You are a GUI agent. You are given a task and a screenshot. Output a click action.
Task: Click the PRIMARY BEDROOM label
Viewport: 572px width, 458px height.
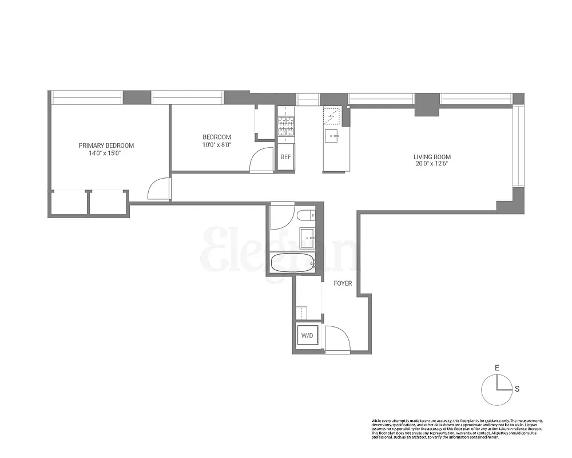(x=106, y=145)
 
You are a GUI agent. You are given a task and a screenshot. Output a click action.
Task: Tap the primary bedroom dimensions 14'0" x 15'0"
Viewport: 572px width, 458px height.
(x=106, y=153)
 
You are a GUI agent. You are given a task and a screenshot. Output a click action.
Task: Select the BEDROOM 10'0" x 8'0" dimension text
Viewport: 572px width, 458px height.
(x=217, y=145)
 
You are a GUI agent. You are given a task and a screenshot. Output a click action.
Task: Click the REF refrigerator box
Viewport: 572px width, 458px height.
(x=285, y=157)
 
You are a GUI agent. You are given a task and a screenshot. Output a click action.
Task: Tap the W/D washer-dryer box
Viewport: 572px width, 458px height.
(x=307, y=335)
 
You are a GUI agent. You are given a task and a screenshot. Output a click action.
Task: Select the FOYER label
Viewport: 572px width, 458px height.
(x=343, y=283)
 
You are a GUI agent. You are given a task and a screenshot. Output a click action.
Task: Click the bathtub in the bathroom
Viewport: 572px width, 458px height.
(x=292, y=263)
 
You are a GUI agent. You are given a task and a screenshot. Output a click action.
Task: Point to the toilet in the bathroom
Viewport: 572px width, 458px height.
(x=304, y=216)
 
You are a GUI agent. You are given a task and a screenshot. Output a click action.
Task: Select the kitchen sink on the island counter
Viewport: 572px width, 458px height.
(x=332, y=136)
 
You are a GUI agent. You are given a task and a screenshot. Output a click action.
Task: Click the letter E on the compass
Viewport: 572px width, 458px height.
(x=497, y=368)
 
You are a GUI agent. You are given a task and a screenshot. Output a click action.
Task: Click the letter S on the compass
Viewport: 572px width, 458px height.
(x=517, y=389)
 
